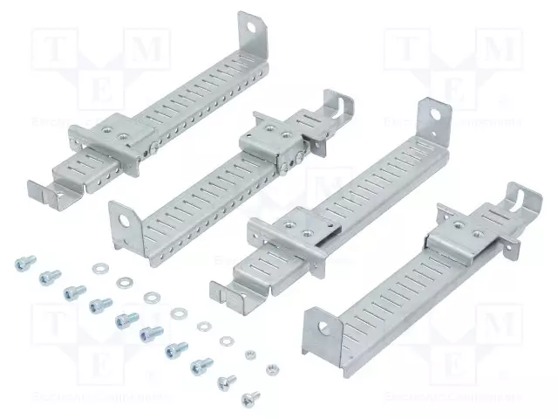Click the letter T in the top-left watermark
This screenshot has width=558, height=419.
pyautogui.click(x=51, y=50)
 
